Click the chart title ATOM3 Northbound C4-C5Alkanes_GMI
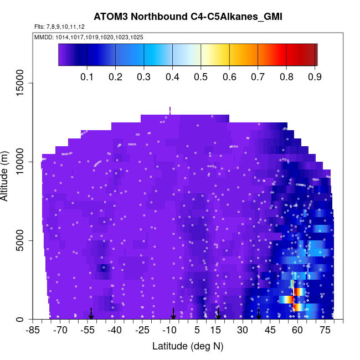[188, 17]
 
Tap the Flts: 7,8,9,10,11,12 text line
[59, 27]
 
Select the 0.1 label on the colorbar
[86, 76]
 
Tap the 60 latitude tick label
[297, 331]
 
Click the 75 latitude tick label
[325, 331]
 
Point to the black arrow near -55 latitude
[91, 314]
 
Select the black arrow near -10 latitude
[173, 314]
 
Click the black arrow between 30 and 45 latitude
[259, 314]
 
